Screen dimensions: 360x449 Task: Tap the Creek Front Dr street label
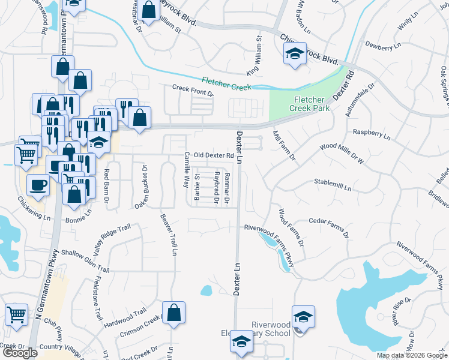pos(193,90)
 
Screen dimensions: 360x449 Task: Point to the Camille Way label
pos(187,170)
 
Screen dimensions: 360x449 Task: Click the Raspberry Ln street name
pos(372,132)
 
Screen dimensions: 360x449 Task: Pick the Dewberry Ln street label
pos(382,46)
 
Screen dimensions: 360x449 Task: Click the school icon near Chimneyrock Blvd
pos(295,53)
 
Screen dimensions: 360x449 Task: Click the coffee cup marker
pos(40,185)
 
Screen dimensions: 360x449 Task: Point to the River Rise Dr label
pos(402,311)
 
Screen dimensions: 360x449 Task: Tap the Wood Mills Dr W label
pos(343,146)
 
